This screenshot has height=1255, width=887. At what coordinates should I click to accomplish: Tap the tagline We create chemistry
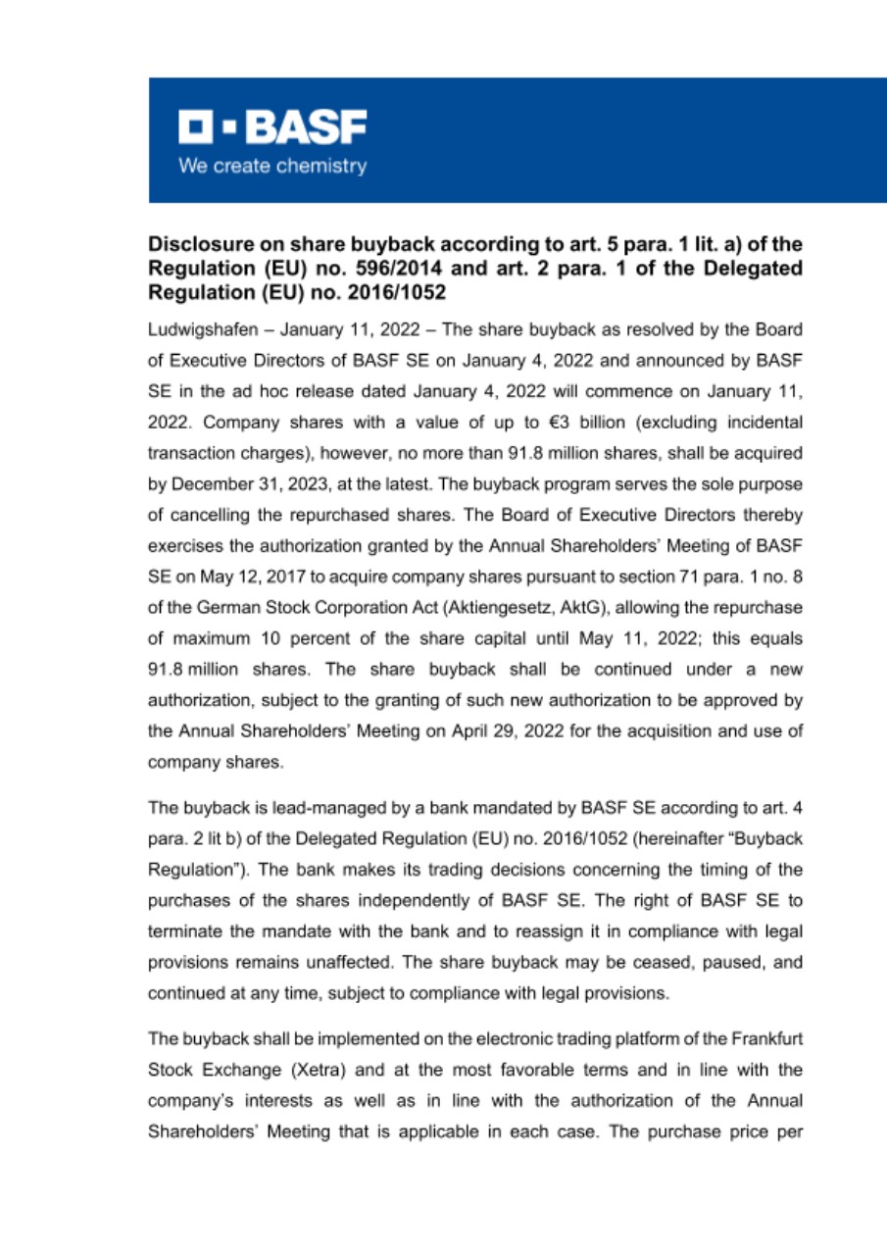tap(272, 166)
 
